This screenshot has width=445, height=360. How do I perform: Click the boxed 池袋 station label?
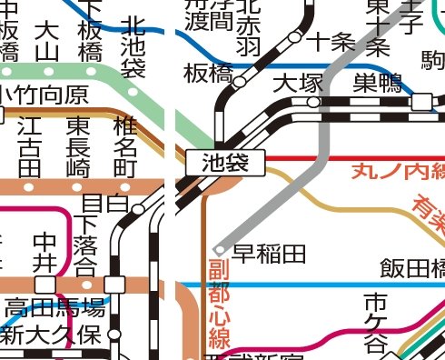point(224,164)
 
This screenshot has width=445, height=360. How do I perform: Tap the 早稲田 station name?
point(269,252)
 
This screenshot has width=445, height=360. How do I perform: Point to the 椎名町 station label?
point(124,146)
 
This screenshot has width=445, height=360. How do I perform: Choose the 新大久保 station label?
point(50,334)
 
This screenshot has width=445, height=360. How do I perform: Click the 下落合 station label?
point(85,244)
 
